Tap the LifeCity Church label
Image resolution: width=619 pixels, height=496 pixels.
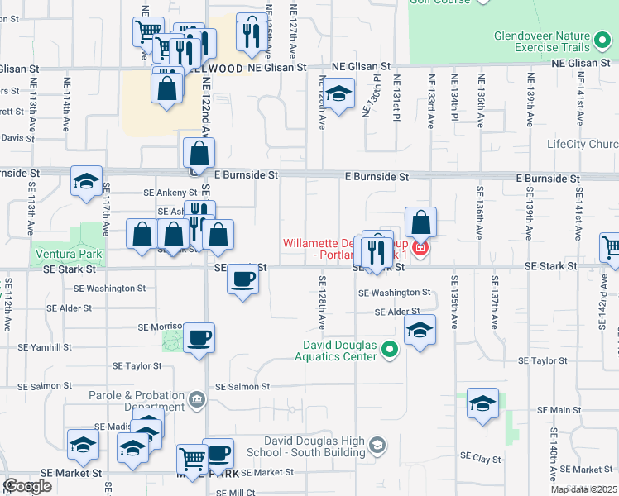click(583, 144)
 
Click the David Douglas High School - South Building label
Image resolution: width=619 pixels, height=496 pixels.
click(314, 446)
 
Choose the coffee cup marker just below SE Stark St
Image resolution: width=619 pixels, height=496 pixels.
click(242, 280)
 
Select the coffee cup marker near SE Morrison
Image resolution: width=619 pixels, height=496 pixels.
click(199, 337)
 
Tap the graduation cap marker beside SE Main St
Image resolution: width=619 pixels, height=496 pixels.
click(482, 403)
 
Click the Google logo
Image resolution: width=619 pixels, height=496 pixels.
click(28, 487)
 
